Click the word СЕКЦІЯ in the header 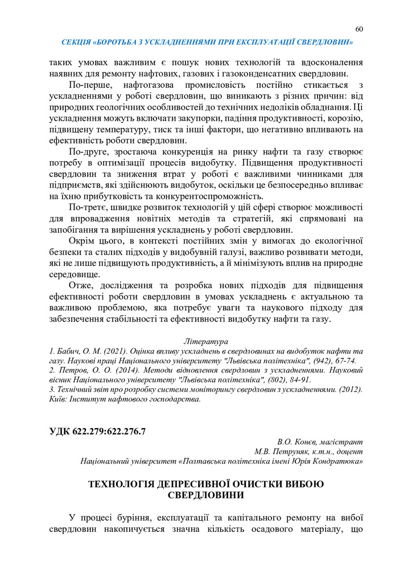pyautogui.click(x=76, y=42)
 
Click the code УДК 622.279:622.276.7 pyautogui.click(x=97, y=431)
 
